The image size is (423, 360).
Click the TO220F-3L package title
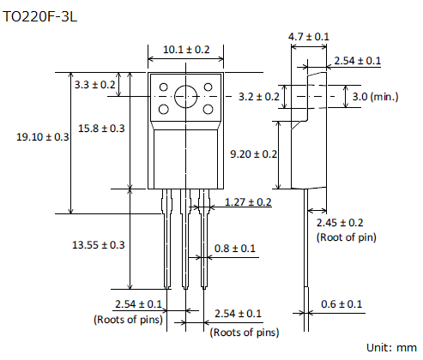click(x=39, y=17)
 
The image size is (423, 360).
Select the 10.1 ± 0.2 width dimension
click(x=186, y=50)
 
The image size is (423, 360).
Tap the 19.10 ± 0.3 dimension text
click(x=43, y=137)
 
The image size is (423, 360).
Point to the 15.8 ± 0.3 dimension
click(x=101, y=129)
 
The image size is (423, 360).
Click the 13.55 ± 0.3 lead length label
click(x=99, y=245)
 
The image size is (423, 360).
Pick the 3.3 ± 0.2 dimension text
click(x=94, y=85)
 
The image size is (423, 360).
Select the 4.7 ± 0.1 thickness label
click(x=309, y=37)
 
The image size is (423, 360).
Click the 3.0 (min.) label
click(x=375, y=97)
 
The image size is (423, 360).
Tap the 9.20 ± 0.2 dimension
click(x=254, y=154)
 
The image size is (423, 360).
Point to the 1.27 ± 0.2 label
click(x=248, y=202)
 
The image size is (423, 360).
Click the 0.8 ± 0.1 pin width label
click(x=235, y=249)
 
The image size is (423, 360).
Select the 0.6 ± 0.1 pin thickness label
click(x=341, y=304)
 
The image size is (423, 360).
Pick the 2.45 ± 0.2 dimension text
click(x=340, y=223)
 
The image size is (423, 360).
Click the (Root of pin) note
click(x=347, y=237)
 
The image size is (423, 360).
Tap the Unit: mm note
click(x=391, y=348)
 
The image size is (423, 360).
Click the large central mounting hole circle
click(x=186, y=86)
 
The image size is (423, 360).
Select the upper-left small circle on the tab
click(x=164, y=87)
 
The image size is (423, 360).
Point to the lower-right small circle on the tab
click(x=208, y=109)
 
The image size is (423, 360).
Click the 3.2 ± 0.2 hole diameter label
click(x=259, y=97)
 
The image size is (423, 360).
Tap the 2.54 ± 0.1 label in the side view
click(x=358, y=61)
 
